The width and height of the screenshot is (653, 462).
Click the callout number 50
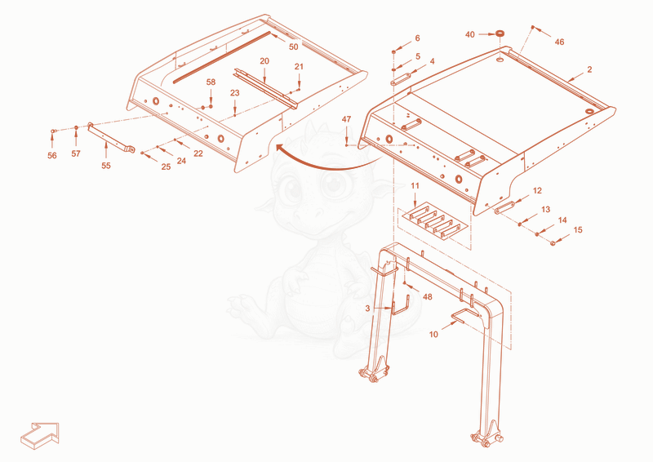click(294, 47)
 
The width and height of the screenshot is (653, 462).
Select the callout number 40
click(470, 34)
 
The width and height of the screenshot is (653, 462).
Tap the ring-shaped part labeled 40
click(500, 33)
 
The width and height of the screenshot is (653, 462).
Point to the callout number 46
click(559, 42)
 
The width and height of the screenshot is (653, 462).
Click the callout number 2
click(589, 69)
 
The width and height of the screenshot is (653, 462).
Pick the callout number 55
click(106, 166)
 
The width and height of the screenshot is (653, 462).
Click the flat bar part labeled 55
click(111, 137)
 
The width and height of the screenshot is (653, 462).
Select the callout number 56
click(52, 156)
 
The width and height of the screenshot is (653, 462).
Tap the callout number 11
click(415, 186)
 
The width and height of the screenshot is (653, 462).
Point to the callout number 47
click(346, 119)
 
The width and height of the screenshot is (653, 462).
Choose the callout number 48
click(427, 297)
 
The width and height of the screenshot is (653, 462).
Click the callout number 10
click(433, 335)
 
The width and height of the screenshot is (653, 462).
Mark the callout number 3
click(367, 309)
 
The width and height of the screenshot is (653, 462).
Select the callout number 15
click(578, 230)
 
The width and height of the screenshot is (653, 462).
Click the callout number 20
click(264, 61)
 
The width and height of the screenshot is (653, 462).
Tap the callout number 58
click(211, 82)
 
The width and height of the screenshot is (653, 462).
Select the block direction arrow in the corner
click(40, 436)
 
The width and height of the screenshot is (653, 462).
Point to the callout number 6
click(417, 38)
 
